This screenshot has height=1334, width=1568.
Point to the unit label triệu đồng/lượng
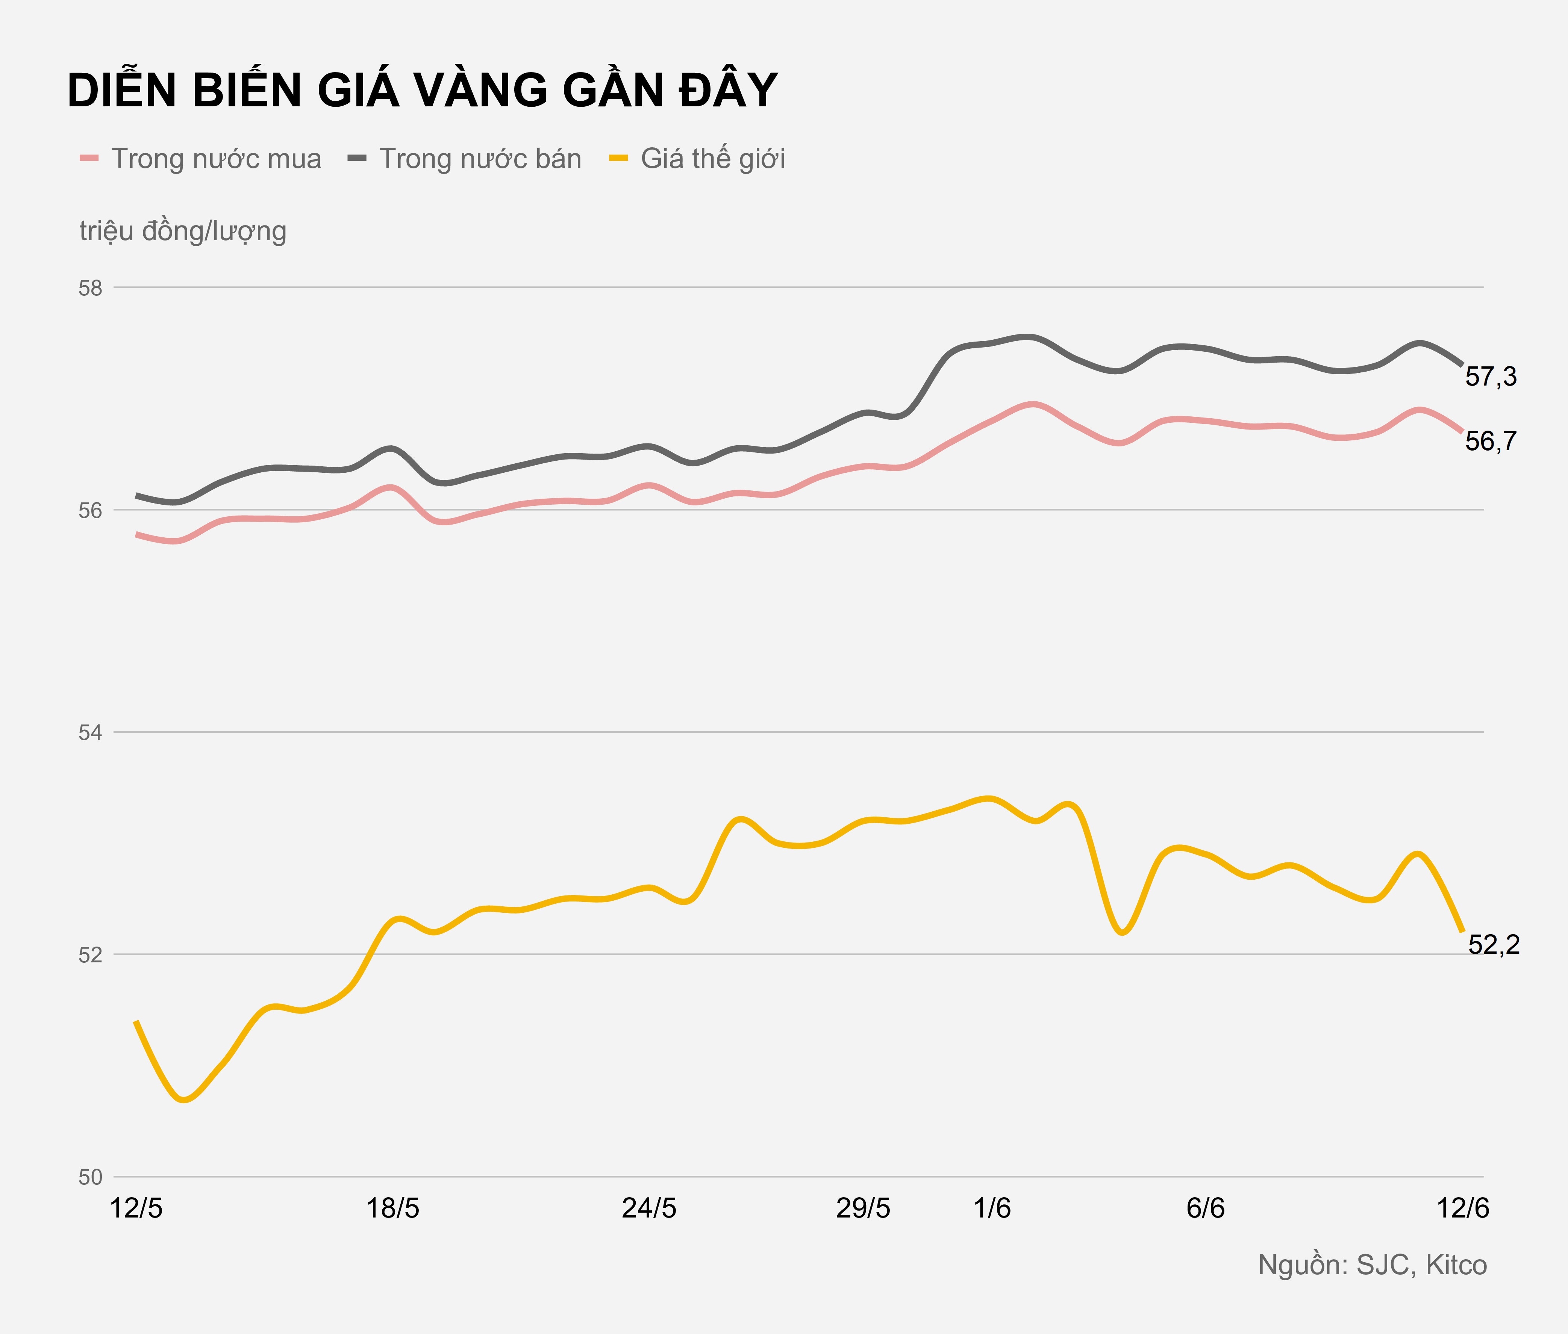click(x=183, y=231)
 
